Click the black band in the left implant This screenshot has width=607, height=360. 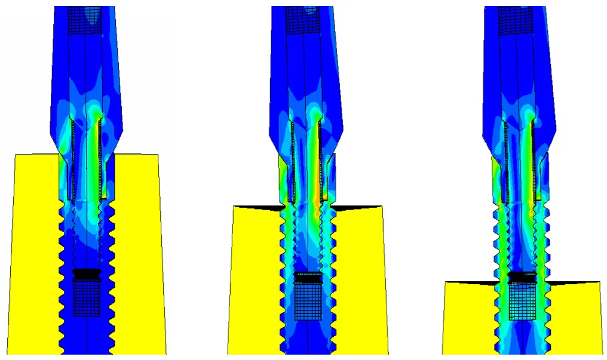click(87, 273)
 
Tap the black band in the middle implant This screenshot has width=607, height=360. click(308, 278)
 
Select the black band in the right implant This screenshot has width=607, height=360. click(522, 276)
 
